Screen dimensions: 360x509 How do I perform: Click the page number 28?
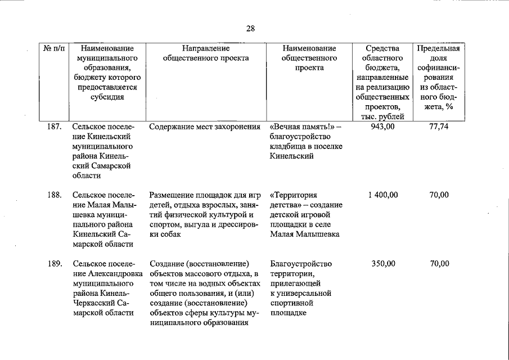click(250, 28)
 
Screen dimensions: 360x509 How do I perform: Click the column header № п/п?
click(52, 49)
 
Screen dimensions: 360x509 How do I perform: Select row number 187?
click(53, 127)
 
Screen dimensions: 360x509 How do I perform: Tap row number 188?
click(53, 195)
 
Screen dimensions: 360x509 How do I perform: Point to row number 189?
click(53, 264)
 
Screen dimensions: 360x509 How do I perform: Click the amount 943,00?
click(383, 127)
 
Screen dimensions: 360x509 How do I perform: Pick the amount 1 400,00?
click(383, 195)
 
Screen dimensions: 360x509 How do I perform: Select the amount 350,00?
click(383, 264)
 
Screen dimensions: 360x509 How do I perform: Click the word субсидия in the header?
click(107, 97)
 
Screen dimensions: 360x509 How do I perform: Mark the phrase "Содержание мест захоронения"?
click(205, 127)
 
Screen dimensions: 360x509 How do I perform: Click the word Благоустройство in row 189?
click(301, 264)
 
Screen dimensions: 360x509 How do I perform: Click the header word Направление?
click(205, 49)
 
